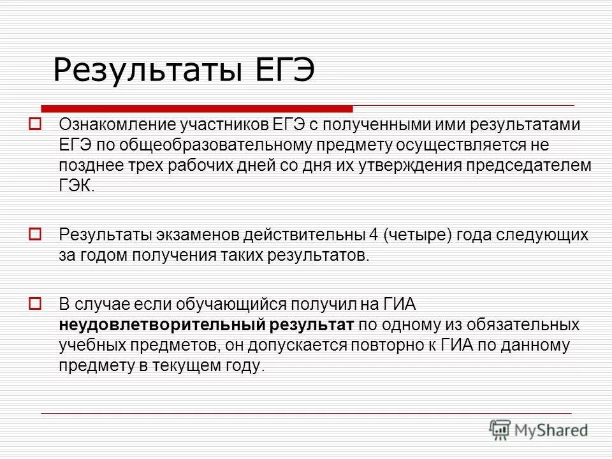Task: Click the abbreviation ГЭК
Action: coord(78,186)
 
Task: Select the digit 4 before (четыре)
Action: coord(373,234)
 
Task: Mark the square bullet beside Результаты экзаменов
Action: coord(36,233)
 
